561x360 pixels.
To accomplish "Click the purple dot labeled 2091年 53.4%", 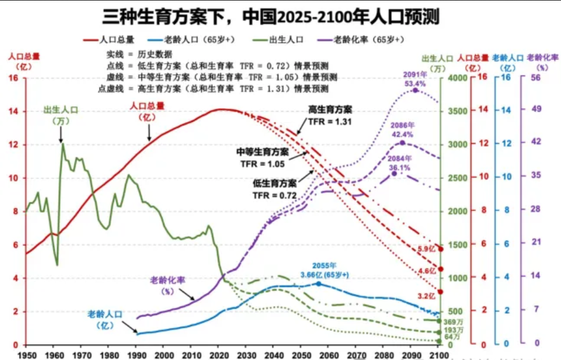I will pos(415,90).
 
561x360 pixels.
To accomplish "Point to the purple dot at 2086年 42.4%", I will pos(402,143).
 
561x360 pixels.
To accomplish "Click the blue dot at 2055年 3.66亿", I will pos(319,284).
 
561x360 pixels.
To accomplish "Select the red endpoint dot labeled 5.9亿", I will pos(440,248).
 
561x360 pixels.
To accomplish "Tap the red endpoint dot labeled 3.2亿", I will pos(440,292).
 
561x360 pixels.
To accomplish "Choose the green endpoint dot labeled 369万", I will pos(440,321).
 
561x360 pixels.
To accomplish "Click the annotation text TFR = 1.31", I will pos(330,122).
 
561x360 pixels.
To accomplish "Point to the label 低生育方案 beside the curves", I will pos(274,184).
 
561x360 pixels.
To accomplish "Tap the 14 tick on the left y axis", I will pos(14,112).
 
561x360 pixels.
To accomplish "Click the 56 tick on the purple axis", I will pos(535,78).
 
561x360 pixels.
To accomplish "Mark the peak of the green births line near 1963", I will pos(62,144).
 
